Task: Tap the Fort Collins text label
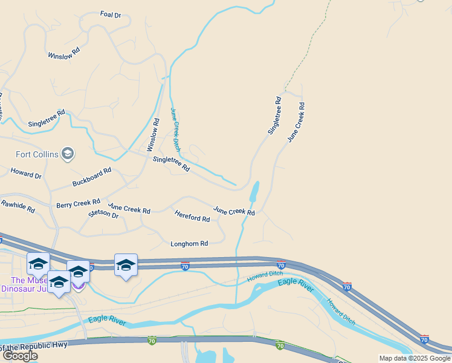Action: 37,154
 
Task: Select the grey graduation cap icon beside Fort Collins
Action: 68,154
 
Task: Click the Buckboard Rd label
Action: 92,176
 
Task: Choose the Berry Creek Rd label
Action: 78,204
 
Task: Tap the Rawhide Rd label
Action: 18,206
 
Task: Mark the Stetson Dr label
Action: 103,214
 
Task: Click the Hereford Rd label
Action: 192,215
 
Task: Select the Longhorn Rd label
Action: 189,244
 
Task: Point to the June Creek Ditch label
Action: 175,129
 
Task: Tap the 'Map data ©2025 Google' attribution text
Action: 415,358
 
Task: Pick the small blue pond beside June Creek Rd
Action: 254,192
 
